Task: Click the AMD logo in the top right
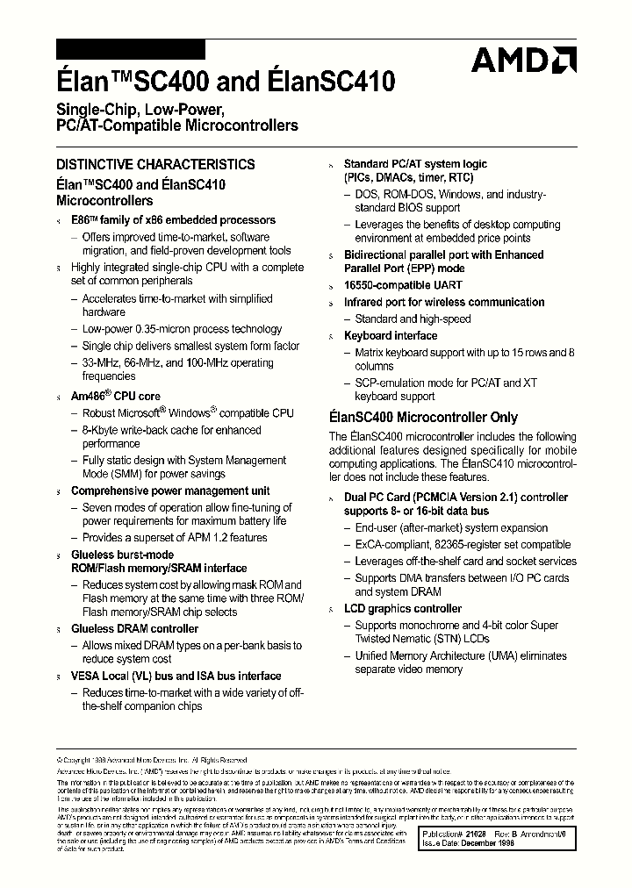point(523,59)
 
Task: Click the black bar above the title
point(130,49)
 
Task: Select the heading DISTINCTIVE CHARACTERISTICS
point(155,164)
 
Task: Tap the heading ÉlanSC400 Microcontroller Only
point(423,418)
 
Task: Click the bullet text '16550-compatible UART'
point(403,285)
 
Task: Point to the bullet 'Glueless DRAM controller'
point(134,628)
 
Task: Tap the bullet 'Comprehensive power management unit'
point(170,491)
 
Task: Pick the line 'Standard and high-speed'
point(413,319)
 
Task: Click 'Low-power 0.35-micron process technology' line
point(182,329)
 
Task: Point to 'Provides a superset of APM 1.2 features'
point(175,538)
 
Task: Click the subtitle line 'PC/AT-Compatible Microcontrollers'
point(176,125)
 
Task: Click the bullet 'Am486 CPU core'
point(115,397)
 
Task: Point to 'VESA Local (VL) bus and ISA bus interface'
point(176,677)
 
